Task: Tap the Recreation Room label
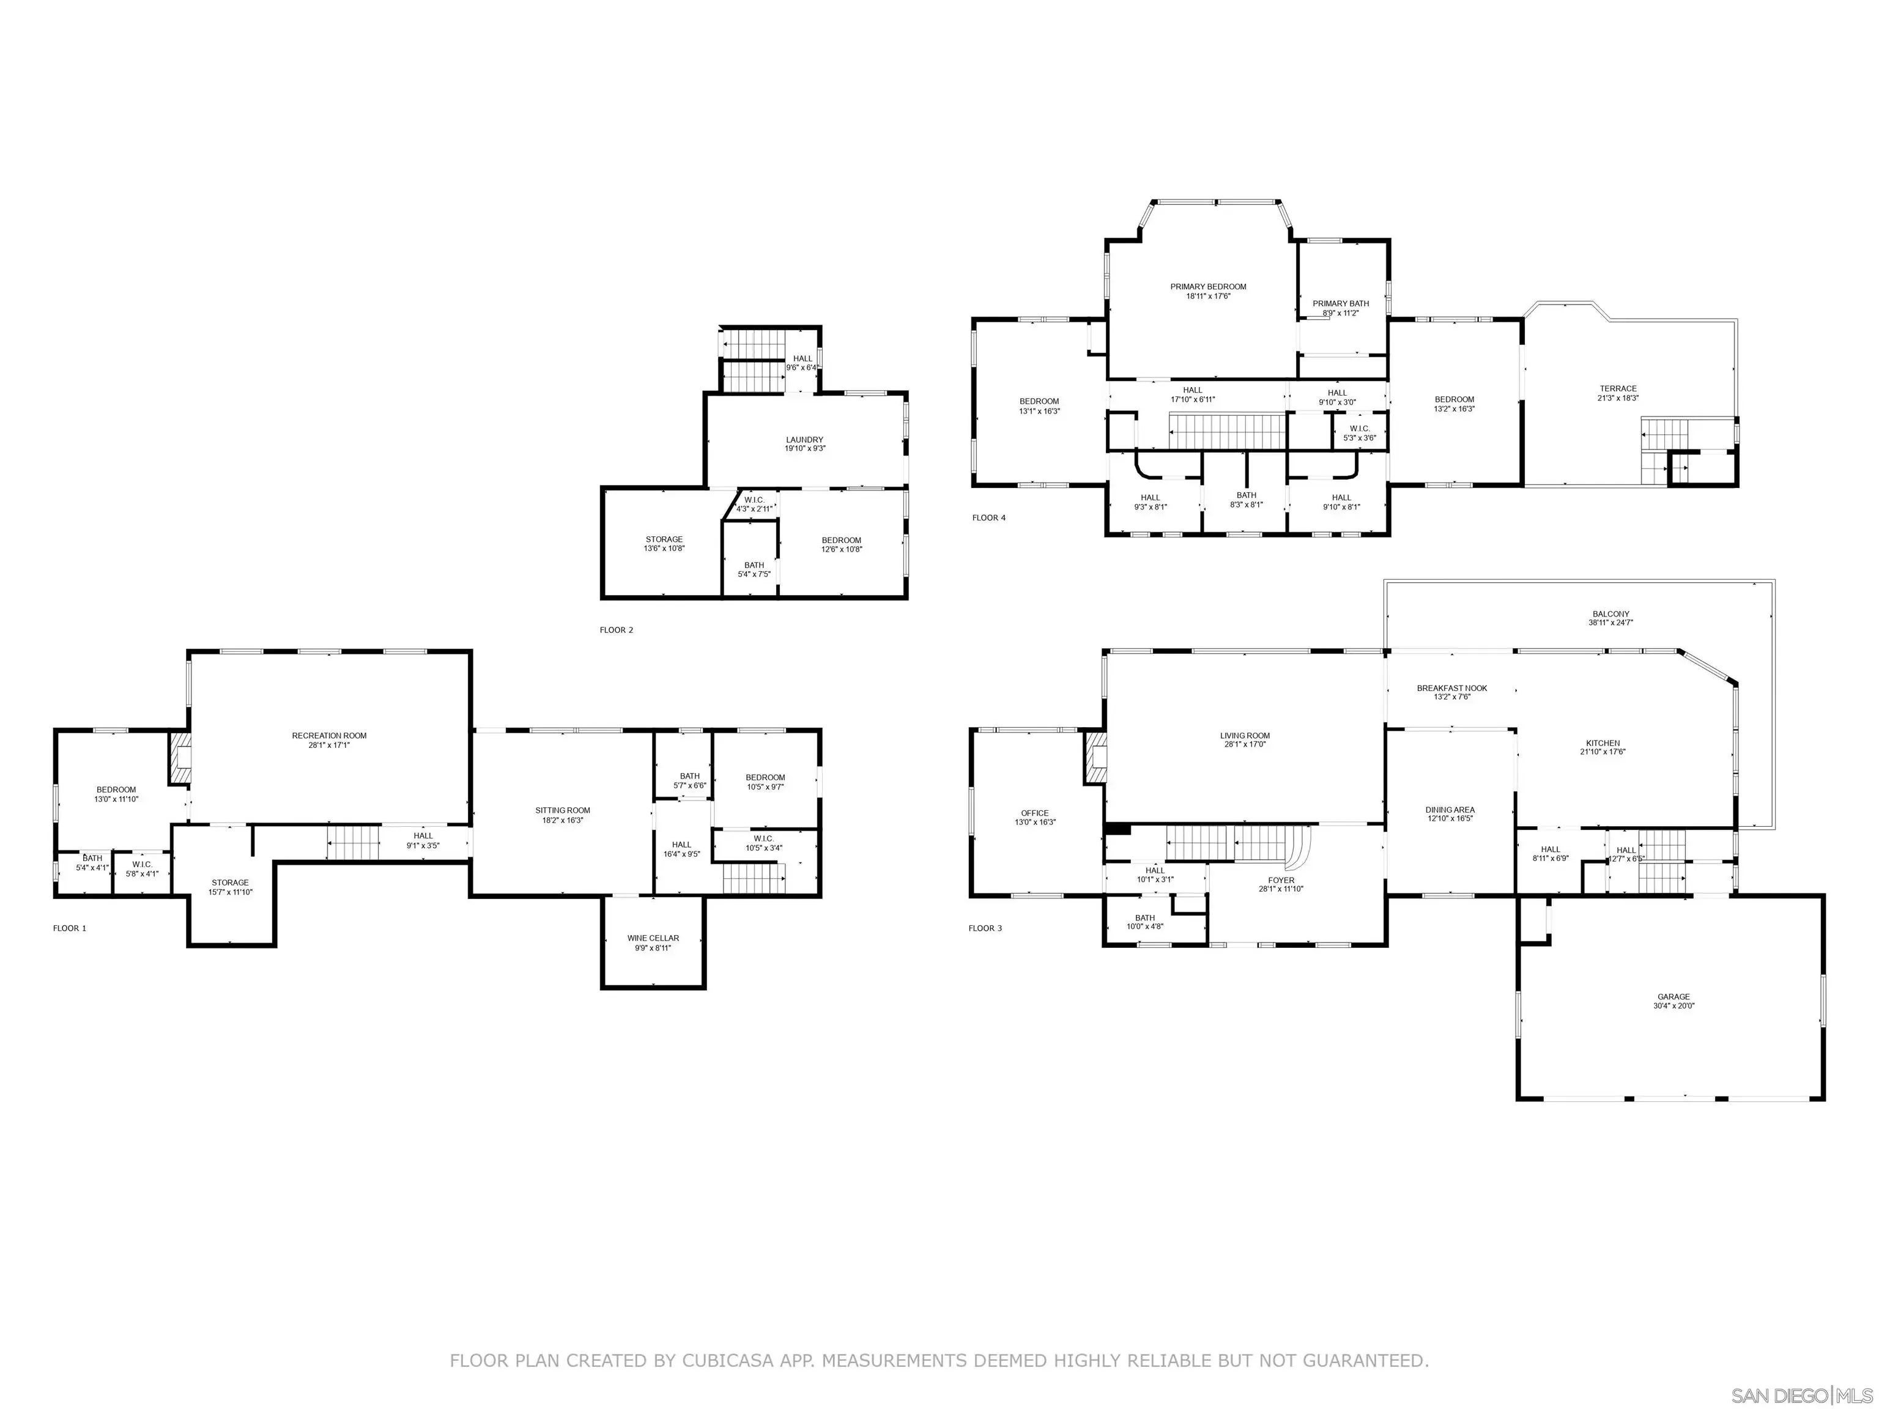click(x=330, y=736)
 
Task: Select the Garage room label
click(x=1673, y=997)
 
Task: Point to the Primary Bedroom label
click(x=1208, y=287)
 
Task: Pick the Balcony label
click(x=1610, y=614)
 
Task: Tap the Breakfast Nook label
click(x=1451, y=688)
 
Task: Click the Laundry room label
click(x=804, y=440)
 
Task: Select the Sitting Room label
click(x=562, y=810)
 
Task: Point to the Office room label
click(x=1035, y=813)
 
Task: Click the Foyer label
click(x=1281, y=881)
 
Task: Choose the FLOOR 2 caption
click(x=617, y=630)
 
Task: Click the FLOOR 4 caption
click(x=989, y=517)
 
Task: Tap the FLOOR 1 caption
click(x=70, y=928)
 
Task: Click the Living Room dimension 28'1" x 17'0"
click(x=1245, y=745)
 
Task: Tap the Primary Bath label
click(x=1341, y=303)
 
